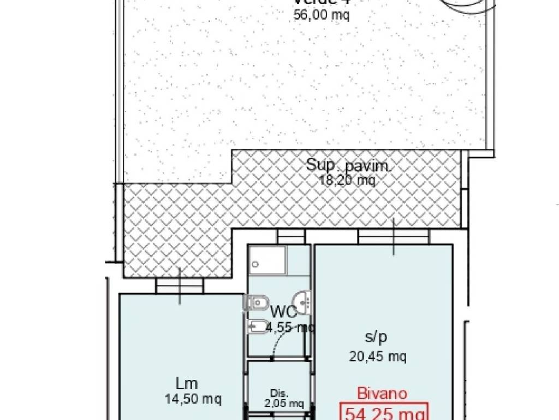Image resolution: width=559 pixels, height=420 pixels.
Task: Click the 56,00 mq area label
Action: pos(321,15)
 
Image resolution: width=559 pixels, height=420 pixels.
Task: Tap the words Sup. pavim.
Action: pos(348,165)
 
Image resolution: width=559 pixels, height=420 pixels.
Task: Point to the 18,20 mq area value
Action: pos(347,180)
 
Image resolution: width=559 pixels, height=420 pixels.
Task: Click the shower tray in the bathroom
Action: pos(267,260)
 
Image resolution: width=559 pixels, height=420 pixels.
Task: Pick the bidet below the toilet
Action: pos(256,327)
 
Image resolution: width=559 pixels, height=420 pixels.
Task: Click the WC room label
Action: pos(284,313)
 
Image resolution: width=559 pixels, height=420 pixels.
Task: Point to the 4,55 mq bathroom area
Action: pos(289,328)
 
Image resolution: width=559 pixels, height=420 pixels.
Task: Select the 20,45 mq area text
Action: pos(377,357)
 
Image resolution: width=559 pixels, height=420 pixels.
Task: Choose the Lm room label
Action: pos(186,383)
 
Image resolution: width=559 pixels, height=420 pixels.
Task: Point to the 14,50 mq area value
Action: pos(193,399)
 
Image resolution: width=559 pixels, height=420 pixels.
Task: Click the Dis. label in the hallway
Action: pos(279,393)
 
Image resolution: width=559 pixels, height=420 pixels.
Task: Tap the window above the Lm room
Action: pos(180,285)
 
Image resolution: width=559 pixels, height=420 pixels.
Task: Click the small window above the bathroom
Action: pos(290,236)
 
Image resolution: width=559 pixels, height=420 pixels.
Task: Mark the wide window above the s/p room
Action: pos(393,236)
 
